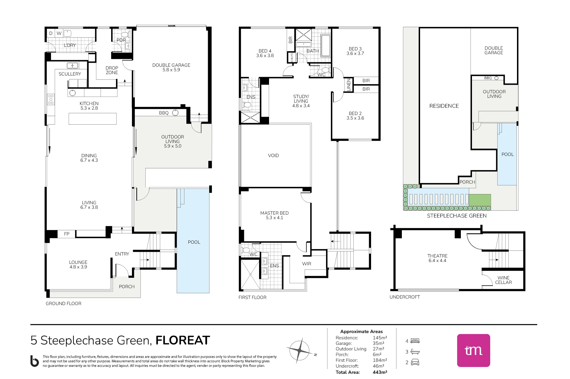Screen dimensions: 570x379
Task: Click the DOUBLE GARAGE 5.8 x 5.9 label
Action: point(171,68)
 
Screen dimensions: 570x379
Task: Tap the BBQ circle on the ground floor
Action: point(176,113)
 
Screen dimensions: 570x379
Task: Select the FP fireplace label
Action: point(67,234)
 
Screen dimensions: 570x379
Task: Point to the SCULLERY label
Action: point(70,74)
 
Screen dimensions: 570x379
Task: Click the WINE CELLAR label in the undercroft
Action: point(503,280)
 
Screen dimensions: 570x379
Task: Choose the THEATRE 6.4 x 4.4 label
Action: point(437,258)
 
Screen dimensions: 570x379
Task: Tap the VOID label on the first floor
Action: point(273,156)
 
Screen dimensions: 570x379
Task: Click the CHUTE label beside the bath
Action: point(292,58)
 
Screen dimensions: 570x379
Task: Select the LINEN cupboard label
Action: point(349,85)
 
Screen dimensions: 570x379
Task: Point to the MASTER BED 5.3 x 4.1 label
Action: point(274,215)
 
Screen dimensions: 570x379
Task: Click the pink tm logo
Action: point(474,351)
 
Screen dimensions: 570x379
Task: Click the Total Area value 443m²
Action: point(380,372)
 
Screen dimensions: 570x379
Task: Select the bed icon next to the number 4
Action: point(415,341)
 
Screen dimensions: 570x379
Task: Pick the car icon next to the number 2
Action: point(415,362)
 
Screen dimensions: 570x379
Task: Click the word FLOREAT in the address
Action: point(183,340)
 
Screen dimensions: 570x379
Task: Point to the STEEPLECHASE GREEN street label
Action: point(457,216)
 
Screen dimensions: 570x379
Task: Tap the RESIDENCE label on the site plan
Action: point(444,106)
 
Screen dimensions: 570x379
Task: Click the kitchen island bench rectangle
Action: point(93,119)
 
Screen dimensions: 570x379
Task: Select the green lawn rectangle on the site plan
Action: point(480,200)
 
